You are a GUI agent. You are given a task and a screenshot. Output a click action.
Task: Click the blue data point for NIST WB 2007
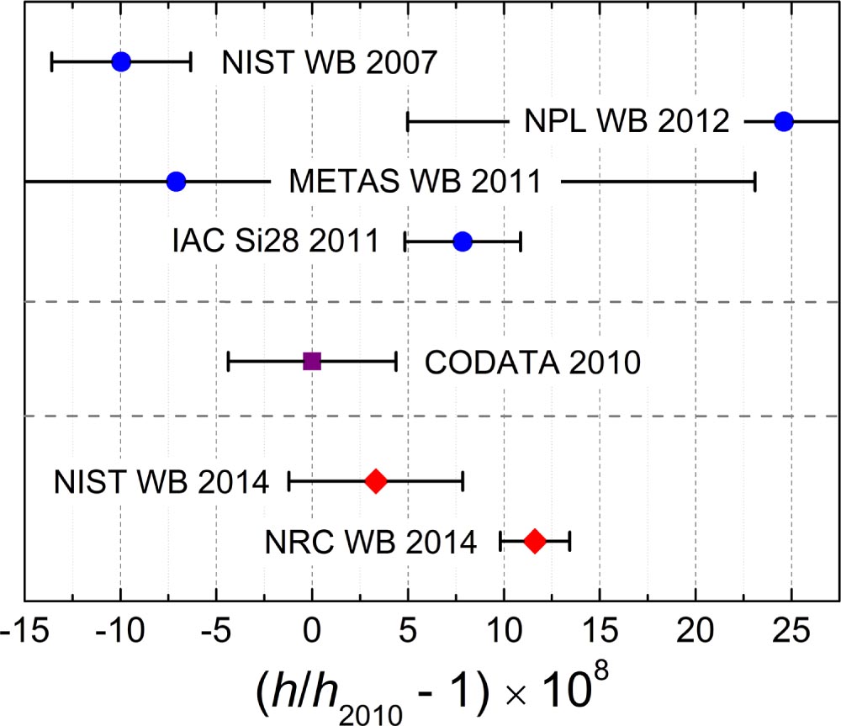(121, 61)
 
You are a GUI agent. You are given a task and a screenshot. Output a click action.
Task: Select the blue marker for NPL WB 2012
(784, 121)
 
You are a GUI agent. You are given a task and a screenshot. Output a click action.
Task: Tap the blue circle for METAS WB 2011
(176, 182)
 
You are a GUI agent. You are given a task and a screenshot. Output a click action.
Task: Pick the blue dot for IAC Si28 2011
(463, 242)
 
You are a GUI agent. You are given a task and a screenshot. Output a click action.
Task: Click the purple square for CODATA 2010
(312, 362)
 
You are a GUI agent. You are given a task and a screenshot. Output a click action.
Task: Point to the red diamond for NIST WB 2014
(376, 481)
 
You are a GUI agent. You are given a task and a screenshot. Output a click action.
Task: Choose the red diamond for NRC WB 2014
(535, 541)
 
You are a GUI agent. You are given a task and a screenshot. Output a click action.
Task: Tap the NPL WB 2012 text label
(627, 123)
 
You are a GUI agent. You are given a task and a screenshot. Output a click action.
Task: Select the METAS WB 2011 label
(415, 183)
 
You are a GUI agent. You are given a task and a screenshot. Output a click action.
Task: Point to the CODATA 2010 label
(533, 363)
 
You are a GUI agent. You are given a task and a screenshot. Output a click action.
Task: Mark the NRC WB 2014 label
(371, 543)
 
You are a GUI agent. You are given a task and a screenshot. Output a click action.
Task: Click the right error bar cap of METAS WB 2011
(755, 182)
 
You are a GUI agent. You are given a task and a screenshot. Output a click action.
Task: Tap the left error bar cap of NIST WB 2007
(52, 61)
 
